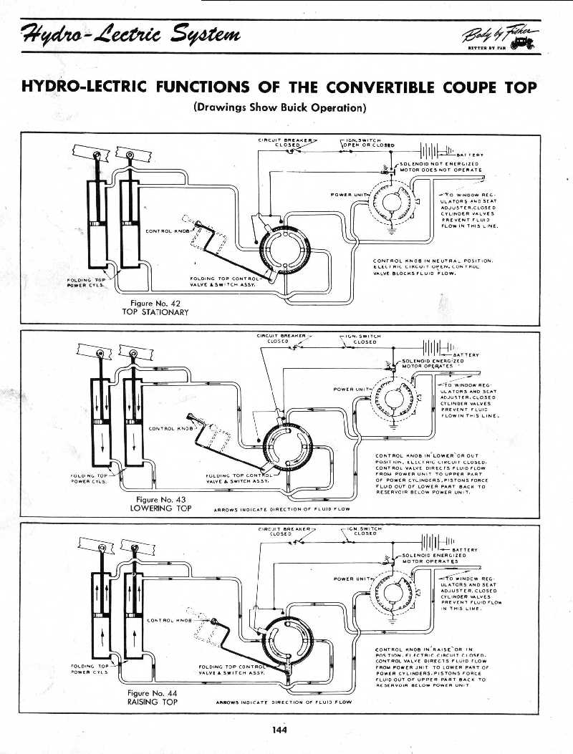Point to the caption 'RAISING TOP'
[x=152, y=702]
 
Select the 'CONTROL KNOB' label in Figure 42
[x=167, y=231]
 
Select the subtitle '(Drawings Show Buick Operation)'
[x=279, y=108]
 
